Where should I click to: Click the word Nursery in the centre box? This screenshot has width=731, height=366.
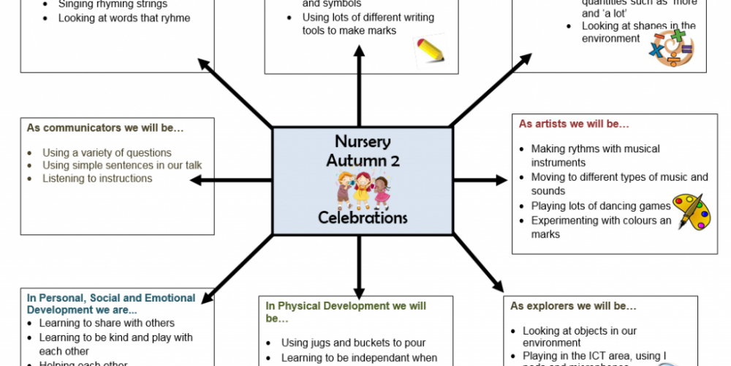[363, 141]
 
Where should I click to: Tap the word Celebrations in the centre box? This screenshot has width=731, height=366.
[363, 217]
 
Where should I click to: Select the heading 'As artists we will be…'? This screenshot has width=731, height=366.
[574, 124]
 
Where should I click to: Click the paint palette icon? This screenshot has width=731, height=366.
[691, 212]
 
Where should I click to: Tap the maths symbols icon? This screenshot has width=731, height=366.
[670, 48]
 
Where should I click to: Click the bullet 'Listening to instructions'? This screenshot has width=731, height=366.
[97, 178]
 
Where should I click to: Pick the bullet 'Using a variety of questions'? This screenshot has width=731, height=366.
[107, 152]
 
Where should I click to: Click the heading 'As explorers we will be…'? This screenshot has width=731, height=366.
[573, 306]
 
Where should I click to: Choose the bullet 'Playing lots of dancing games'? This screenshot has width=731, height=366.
[601, 206]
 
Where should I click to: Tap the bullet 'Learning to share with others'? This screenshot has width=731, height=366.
[107, 323]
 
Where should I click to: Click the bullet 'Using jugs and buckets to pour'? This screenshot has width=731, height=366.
[353, 343]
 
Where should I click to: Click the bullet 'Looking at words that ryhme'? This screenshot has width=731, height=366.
[124, 18]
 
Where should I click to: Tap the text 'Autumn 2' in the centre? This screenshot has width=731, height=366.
[363, 160]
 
